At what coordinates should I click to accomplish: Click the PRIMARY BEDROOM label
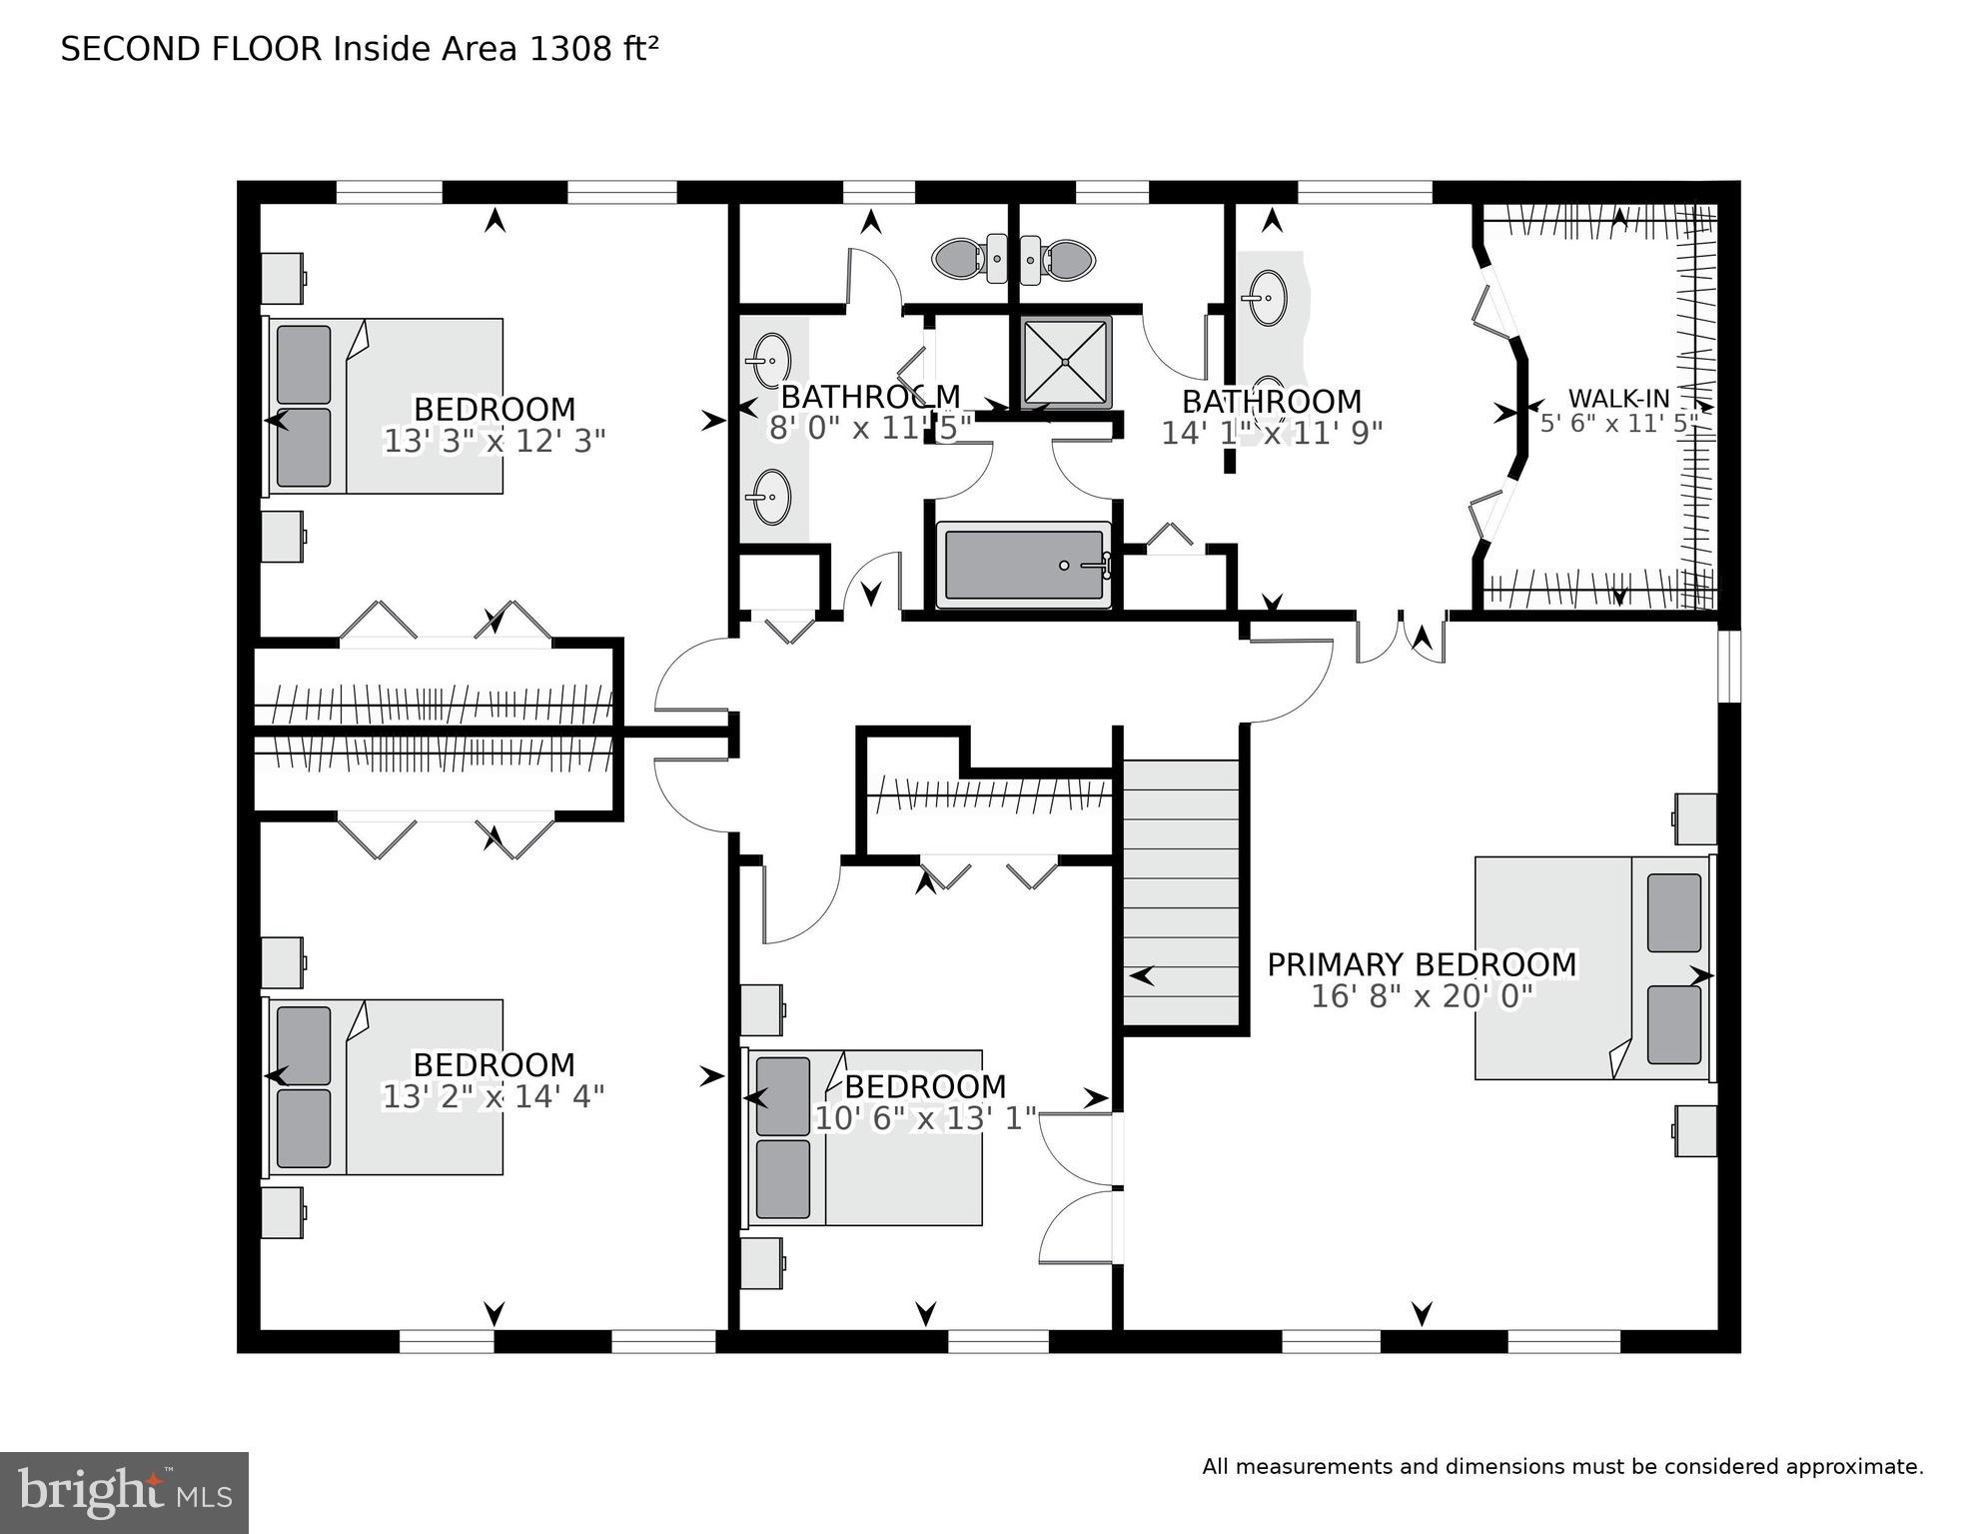coord(1421,965)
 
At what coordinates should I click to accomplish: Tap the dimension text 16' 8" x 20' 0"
coord(1421,997)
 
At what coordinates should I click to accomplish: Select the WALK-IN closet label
coord(1618,399)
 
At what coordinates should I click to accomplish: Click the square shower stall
coord(1066,362)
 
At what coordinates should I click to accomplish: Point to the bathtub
coord(1023,566)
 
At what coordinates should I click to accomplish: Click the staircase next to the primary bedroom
coord(1182,891)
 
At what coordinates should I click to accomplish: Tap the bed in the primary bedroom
coord(1592,967)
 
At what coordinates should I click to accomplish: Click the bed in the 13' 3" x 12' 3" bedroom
coord(385,407)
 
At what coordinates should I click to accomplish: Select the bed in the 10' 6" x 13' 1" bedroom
coord(864,1137)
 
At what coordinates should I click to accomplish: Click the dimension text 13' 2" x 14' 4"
coord(494,1097)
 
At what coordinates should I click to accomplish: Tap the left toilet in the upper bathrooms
coord(961,260)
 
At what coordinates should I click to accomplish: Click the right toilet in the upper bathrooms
coord(1068,260)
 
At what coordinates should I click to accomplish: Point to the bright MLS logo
coord(124,1492)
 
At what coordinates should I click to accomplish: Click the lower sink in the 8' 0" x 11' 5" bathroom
coord(770,497)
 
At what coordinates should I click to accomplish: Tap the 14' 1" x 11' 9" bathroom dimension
coord(1271,433)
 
